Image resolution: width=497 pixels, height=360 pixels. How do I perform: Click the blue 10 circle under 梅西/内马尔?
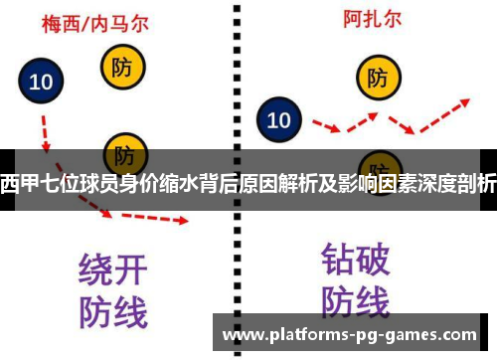(42, 83)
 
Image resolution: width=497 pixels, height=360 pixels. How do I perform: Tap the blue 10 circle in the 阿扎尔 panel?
(279, 120)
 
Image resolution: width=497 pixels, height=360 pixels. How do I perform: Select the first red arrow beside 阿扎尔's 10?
(327, 126)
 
